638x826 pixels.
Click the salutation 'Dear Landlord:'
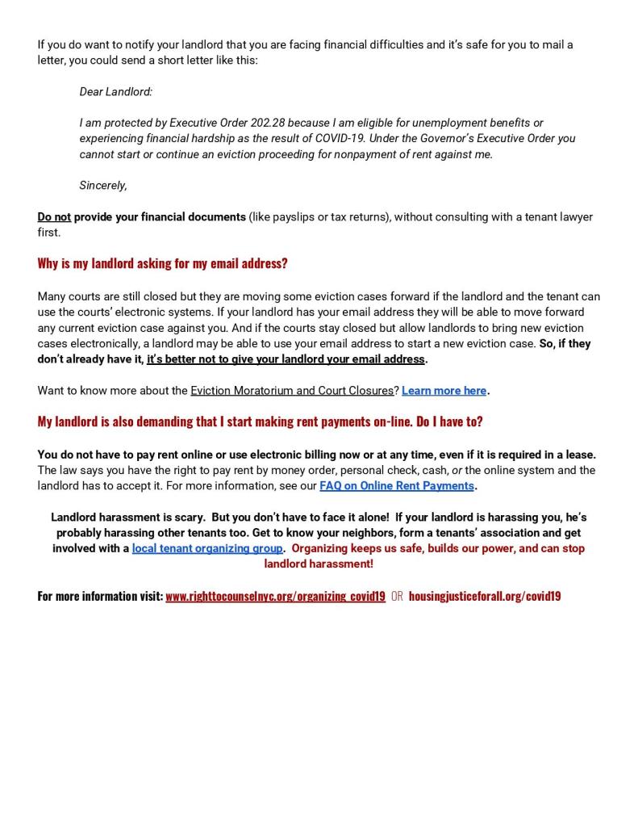click(115, 92)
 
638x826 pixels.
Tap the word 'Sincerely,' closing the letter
click(103, 186)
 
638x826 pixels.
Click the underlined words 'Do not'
click(54, 217)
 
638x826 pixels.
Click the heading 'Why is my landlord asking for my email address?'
click(162, 264)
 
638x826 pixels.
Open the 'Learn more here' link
click(444, 391)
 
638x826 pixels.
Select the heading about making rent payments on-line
click(260, 421)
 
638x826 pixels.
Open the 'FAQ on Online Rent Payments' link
click(396, 486)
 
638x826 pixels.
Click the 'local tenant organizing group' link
click(207, 549)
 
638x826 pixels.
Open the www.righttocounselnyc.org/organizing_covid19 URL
click(275, 597)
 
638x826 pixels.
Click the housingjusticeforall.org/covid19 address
click(484, 597)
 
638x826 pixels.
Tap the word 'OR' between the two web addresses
click(397, 597)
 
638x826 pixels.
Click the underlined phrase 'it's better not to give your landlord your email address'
click(286, 359)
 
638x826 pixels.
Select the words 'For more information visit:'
click(100, 597)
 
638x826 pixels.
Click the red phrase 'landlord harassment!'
click(319, 564)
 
